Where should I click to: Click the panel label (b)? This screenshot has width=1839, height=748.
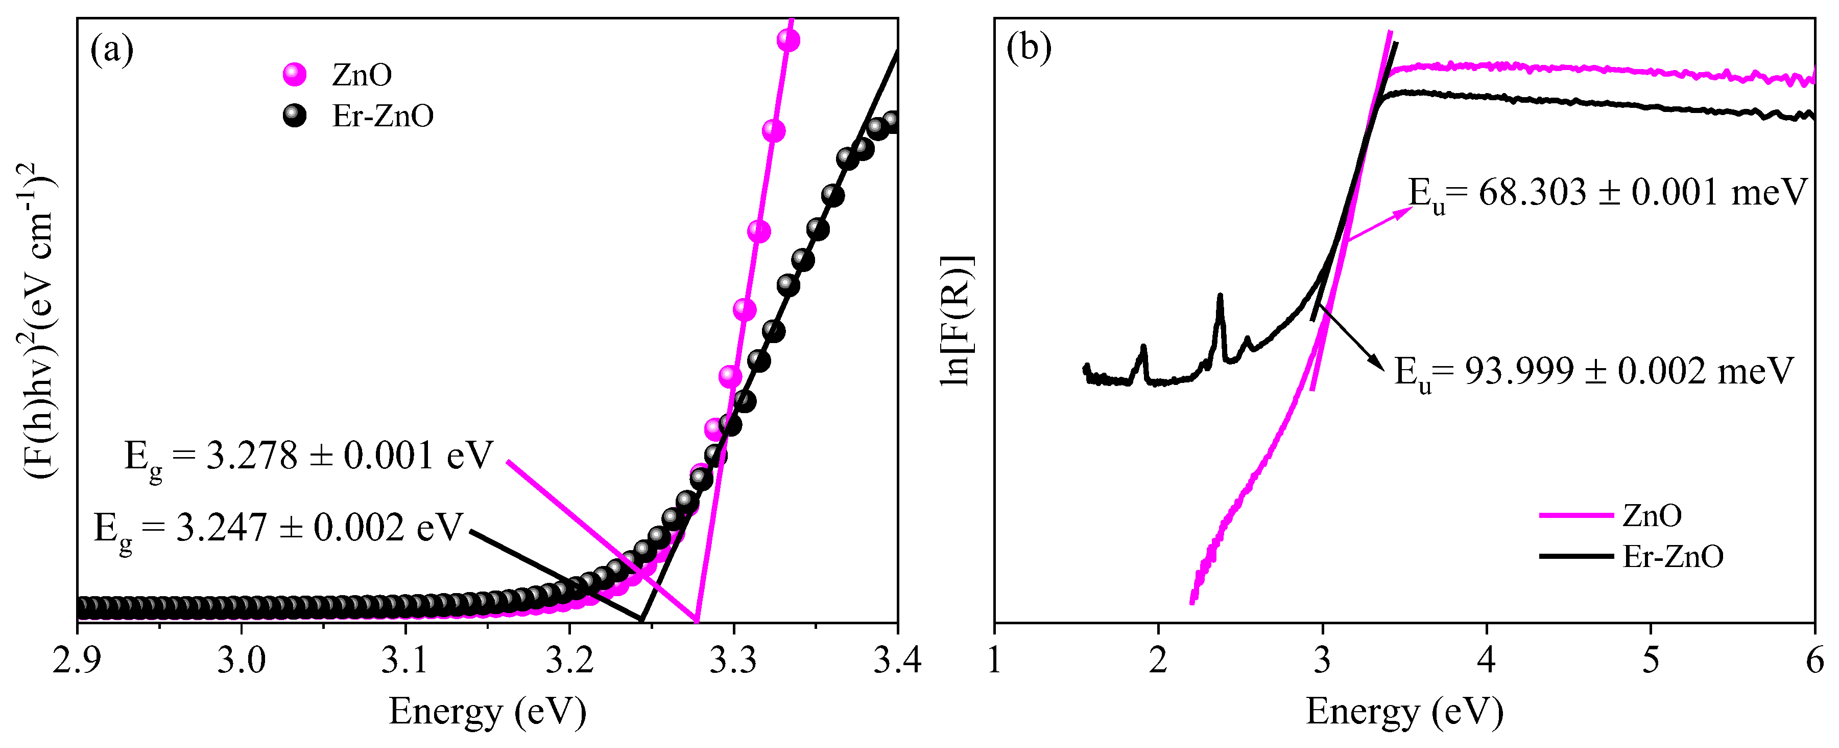[1029, 48]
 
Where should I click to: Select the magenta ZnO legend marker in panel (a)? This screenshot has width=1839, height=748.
[294, 74]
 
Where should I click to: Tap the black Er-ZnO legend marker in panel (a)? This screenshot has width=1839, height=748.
[294, 116]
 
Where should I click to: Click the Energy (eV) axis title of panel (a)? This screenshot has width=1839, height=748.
[488, 712]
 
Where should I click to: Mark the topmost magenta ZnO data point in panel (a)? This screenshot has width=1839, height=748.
[788, 41]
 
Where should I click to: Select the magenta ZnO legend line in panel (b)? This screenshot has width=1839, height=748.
[1575, 515]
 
